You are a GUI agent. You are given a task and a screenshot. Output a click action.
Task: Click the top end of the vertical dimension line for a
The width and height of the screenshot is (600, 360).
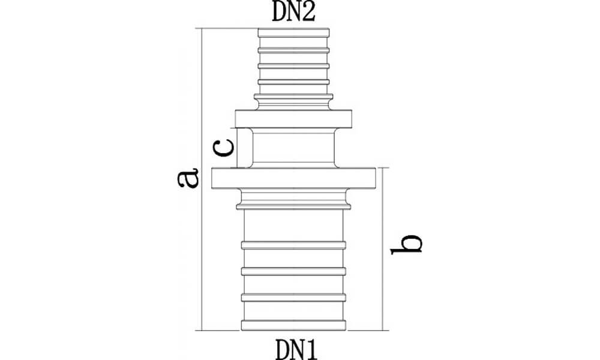coord(201,28)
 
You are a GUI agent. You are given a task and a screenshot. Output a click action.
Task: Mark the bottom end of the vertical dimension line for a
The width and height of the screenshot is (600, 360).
coord(201,330)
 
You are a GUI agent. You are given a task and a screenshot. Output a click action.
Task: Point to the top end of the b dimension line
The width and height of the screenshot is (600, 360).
coord(383,167)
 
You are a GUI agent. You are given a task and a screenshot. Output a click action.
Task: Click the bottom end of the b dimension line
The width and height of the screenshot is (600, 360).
coord(383,330)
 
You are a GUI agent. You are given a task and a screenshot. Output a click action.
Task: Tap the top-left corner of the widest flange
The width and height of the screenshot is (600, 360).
coord(212,168)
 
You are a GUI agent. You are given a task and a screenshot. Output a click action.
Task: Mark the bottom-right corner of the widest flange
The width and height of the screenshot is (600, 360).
coord(376,188)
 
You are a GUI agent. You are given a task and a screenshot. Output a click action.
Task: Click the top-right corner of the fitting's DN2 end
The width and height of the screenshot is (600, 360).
coord(329,29)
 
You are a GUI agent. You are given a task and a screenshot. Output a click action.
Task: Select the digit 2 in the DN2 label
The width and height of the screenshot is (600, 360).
coord(309,12)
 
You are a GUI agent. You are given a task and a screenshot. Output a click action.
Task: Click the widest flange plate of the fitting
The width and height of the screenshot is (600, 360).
coord(293,178)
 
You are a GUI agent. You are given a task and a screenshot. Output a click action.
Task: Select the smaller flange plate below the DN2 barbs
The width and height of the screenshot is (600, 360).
coord(293,119)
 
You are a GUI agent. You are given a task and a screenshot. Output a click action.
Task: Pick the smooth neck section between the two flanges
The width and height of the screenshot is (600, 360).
coord(293,148)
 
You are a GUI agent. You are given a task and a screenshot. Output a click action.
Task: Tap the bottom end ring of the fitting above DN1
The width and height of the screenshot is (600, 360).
coord(293,325)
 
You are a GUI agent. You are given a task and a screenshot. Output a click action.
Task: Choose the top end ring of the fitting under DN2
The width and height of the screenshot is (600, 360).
coord(293,33)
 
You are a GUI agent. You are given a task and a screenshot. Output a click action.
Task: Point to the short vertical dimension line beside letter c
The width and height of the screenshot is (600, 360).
coord(237,148)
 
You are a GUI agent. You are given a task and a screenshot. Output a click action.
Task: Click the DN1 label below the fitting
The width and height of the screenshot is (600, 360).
coord(296,350)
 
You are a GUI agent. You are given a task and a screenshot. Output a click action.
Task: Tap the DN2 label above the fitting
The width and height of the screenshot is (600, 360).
coord(293,12)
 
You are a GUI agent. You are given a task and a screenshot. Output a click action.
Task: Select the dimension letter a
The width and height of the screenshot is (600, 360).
coord(188,178)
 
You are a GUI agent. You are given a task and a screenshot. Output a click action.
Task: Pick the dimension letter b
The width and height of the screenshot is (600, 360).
coord(406,244)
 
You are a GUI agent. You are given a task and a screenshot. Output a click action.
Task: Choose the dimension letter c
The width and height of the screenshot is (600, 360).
coord(223,148)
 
